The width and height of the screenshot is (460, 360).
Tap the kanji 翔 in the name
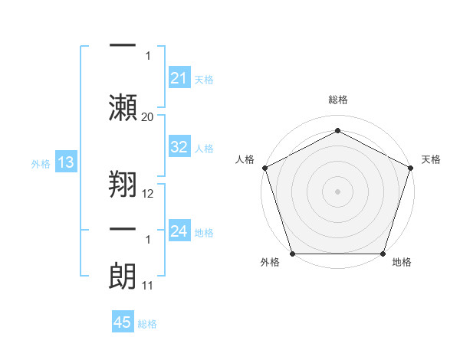pos(123,183)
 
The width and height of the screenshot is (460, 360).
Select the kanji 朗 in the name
pos(123,276)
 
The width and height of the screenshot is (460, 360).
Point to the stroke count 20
pos(148,116)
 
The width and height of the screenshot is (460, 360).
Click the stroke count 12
pos(148,194)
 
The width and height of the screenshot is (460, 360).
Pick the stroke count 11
pos(148,286)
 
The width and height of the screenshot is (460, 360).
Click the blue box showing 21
pos(179,77)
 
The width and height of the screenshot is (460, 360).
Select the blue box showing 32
pos(179,147)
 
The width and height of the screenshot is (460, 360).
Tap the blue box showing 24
pos(179,231)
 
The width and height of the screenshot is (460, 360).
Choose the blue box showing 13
pos(65,162)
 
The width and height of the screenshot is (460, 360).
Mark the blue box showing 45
pos(123,322)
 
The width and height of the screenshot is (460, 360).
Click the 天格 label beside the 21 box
pos(204,79)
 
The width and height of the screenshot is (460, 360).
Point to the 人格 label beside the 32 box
pos(204,149)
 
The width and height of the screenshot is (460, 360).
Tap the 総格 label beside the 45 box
pos(147,324)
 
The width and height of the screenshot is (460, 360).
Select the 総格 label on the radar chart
pos(337,100)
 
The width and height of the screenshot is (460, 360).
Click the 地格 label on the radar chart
pos(402,262)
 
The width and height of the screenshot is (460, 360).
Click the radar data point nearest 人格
pos(264,168)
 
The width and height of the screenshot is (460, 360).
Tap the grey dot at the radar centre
pos(337,191)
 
